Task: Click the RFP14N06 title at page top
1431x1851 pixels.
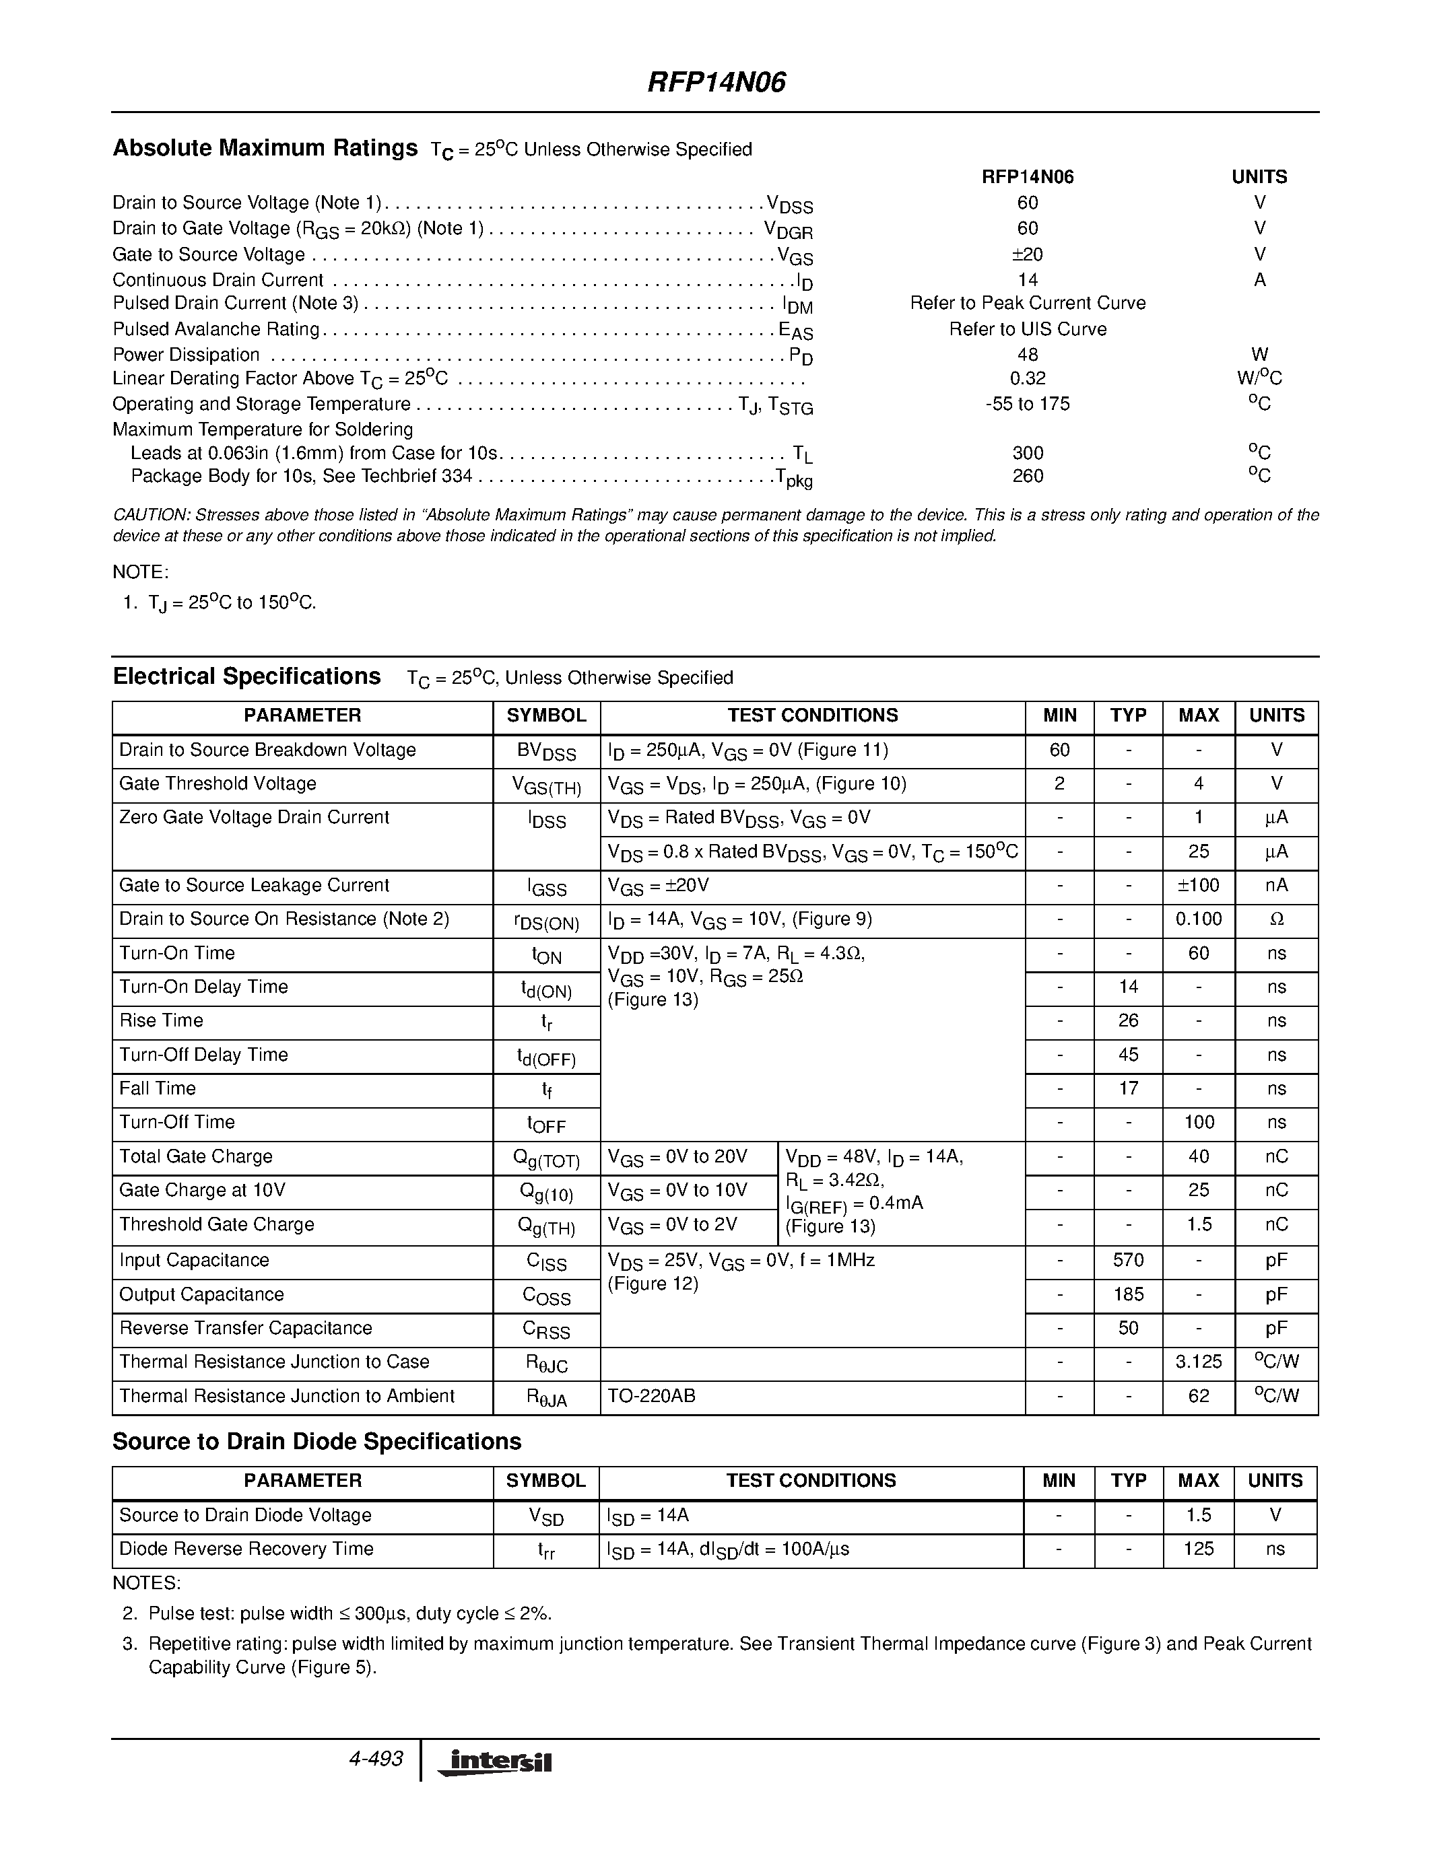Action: [x=717, y=82]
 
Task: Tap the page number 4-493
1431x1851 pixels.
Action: [x=376, y=1759]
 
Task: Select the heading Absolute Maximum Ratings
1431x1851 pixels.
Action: [x=265, y=148]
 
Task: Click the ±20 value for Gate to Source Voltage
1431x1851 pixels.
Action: [x=1027, y=254]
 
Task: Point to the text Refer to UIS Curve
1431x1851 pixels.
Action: [x=1028, y=329]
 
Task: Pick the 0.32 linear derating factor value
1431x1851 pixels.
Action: [x=1028, y=378]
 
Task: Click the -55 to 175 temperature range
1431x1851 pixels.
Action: [x=1028, y=403]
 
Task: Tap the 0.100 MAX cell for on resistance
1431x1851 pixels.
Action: [x=1198, y=919]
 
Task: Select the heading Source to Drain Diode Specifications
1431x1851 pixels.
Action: [x=317, y=1442]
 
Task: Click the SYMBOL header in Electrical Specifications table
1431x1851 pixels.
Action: [x=546, y=715]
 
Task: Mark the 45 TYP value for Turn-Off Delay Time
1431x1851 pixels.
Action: [x=1127, y=1055]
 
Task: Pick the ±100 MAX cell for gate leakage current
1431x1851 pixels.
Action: [x=1198, y=886]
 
